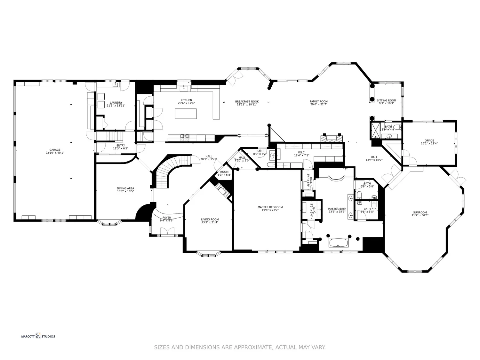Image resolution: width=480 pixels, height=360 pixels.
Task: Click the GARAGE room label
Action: click(x=55, y=150)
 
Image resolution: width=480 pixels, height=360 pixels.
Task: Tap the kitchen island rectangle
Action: click(x=186, y=114)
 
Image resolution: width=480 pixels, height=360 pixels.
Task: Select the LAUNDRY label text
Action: click(x=116, y=103)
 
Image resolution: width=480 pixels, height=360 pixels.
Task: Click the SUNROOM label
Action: click(x=420, y=212)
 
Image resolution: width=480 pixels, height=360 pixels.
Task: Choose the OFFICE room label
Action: click(x=429, y=140)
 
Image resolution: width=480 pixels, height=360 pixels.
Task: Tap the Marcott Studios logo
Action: click(x=38, y=336)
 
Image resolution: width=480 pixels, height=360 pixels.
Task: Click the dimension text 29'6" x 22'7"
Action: click(x=319, y=105)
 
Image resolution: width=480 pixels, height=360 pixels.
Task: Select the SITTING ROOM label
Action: click(x=386, y=100)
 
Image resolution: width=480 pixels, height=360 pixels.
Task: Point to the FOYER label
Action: click(x=167, y=218)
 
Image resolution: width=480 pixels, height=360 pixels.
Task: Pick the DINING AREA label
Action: click(x=125, y=188)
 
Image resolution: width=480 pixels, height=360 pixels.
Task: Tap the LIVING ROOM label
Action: click(x=210, y=220)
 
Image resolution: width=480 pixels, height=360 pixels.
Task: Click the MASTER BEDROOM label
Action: click(x=270, y=207)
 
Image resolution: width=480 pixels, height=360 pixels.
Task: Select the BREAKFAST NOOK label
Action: click(x=247, y=101)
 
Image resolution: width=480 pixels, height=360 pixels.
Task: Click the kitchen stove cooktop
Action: click(x=185, y=136)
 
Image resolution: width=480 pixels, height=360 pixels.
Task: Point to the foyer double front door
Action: click(x=167, y=232)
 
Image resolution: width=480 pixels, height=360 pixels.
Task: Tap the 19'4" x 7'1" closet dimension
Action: click(x=301, y=156)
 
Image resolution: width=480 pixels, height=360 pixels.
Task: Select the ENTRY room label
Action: click(x=120, y=146)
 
